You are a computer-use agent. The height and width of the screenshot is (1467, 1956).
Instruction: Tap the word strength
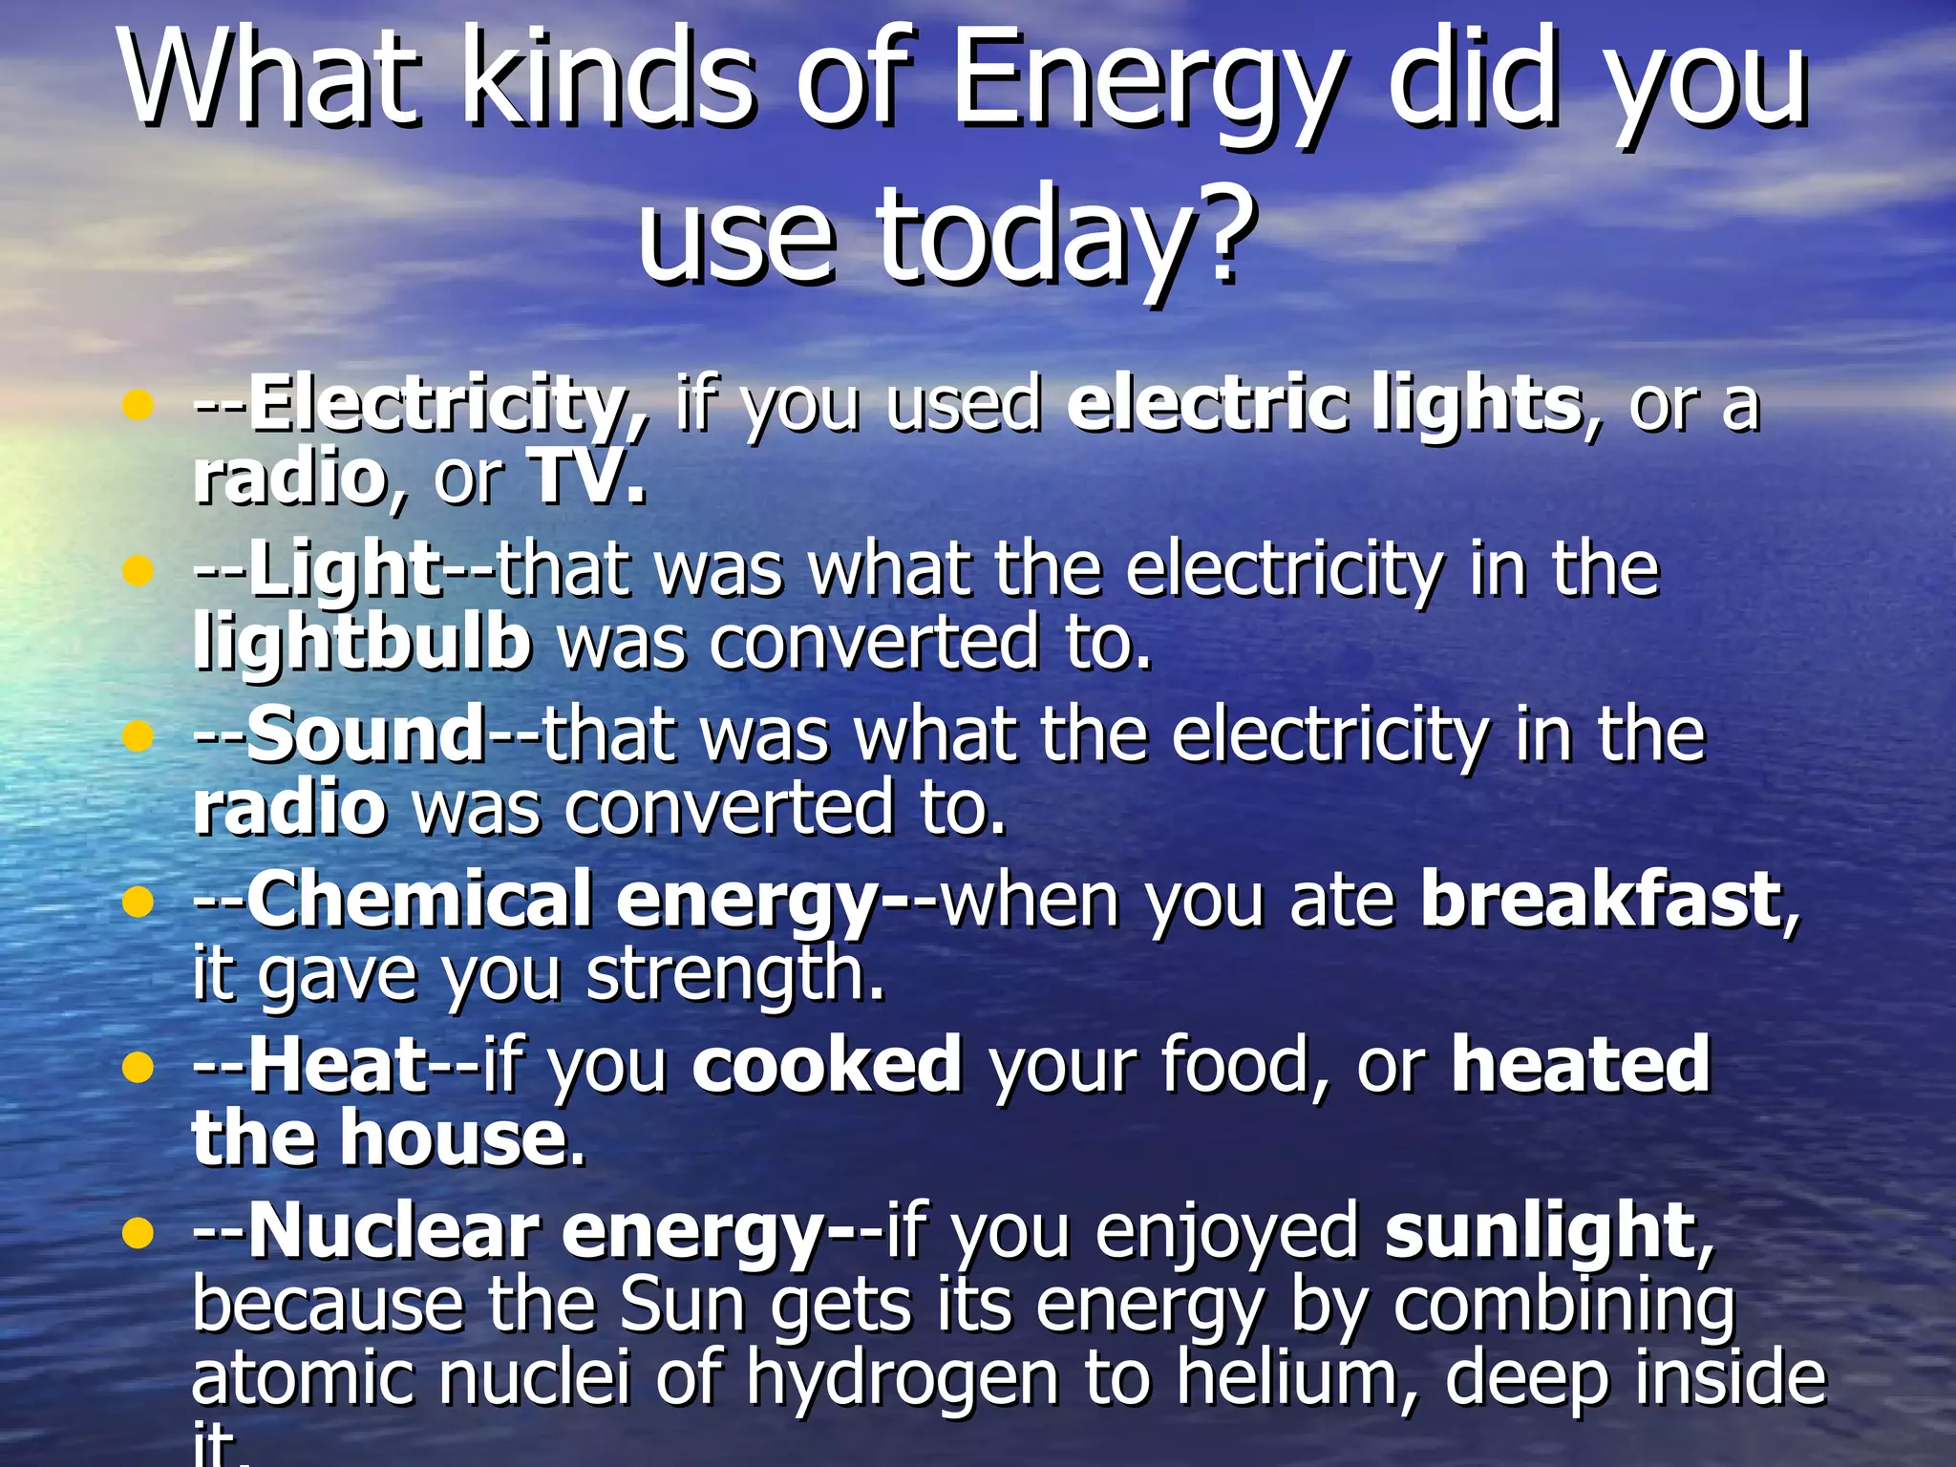coord(735,974)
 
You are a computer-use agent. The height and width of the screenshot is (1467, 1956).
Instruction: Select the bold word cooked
coord(826,1064)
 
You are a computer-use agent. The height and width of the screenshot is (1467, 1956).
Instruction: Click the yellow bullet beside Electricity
coord(138,406)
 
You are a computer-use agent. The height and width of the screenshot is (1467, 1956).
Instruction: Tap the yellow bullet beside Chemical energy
coord(138,902)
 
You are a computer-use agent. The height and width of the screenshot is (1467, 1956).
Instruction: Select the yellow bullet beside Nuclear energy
coord(138,1233)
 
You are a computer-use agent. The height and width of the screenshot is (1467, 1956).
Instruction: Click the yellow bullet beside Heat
coord(138,1067)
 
